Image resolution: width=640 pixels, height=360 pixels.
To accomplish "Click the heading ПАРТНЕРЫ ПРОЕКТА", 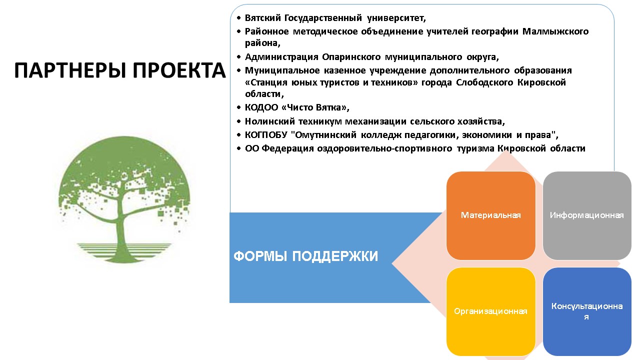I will pos(120,71).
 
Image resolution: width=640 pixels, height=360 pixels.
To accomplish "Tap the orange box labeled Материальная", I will pos(490,215).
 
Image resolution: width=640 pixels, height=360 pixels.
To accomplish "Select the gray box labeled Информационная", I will pos(586,215).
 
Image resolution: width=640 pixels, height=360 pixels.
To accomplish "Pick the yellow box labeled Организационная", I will pos(490,311).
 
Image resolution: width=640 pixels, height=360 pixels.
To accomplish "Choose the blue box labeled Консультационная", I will pos(586,311).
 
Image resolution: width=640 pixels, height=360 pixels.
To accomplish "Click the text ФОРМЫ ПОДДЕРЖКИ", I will pos(305,256).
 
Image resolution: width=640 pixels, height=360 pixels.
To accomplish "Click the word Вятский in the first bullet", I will pos(263,18).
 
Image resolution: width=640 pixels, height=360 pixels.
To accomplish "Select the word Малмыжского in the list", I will pos(555,31).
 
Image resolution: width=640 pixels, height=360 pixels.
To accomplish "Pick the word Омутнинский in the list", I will pos(328,135).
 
